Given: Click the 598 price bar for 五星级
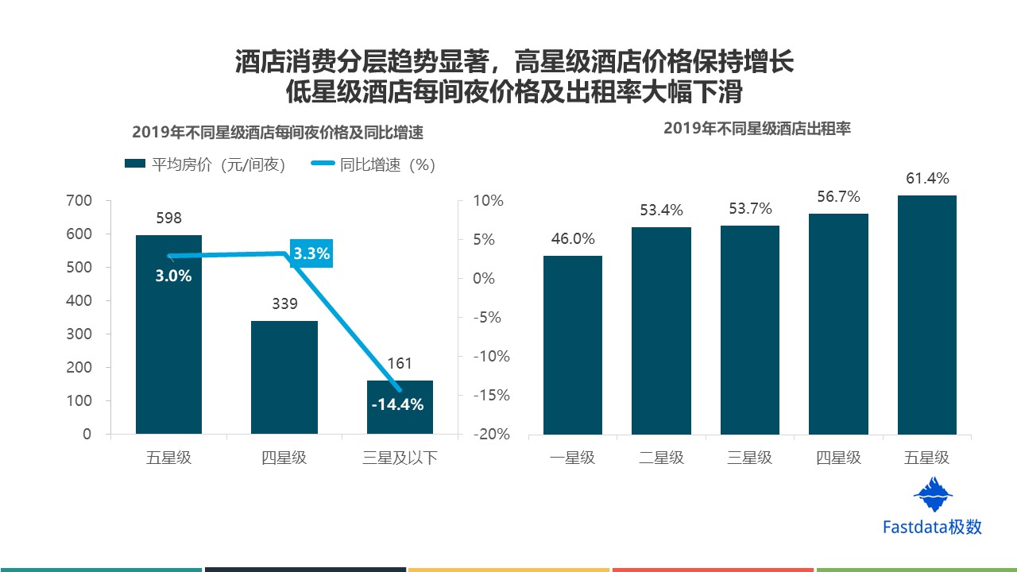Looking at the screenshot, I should [x=168, y=350].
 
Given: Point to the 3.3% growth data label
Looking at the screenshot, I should [x=311, y=254].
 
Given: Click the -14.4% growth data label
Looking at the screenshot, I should [x=397, y=404].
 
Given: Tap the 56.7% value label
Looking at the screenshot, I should [x=838, y=197].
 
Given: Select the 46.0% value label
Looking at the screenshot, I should [x=572, y=239].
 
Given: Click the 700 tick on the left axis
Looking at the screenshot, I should [x=78, y=201].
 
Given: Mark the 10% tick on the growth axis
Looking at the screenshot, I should [x=488, y=201].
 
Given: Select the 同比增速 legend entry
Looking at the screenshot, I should [x=373, y=164].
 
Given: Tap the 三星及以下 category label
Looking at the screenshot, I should [x=400, y=458].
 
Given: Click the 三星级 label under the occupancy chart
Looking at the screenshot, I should [x=749, y=458].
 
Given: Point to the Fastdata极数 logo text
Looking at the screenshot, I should [x=932, y=527].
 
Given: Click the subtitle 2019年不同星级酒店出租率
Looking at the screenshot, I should [x=756, y=128].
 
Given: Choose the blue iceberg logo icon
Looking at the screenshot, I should [x=933, y=494].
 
